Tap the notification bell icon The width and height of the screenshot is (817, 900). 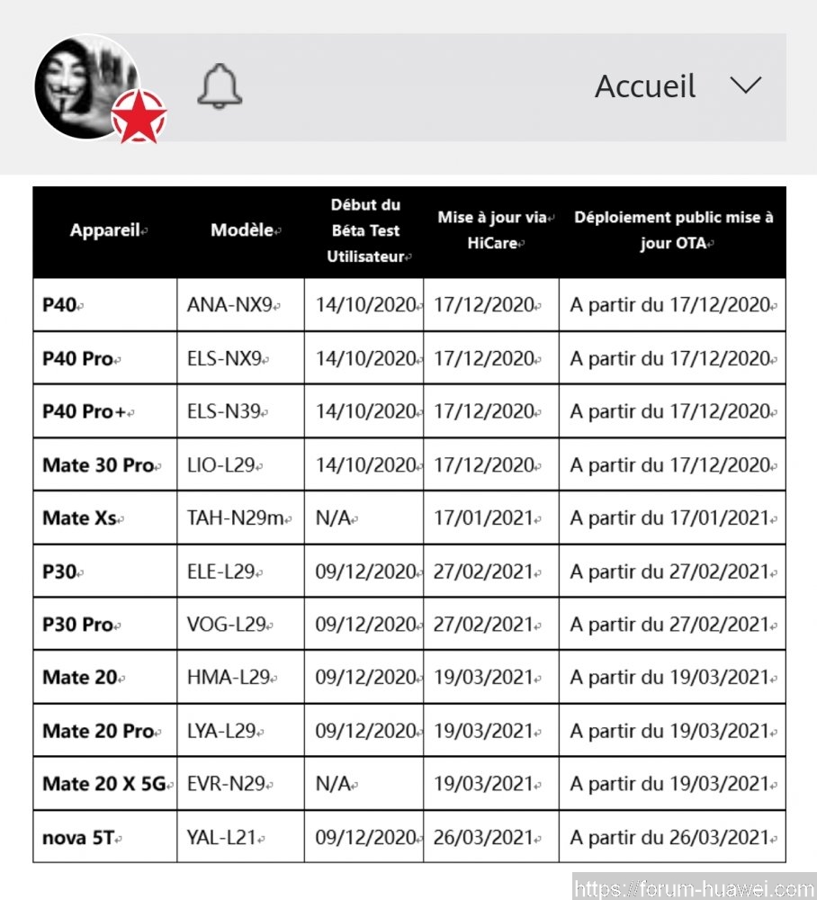(x=220, y=87)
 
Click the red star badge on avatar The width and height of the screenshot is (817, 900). (x=139, y=116)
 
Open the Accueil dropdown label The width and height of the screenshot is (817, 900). (x=645, y=86)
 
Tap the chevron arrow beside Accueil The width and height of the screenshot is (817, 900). (x=745, y=85)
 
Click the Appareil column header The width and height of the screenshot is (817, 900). (x=105, y=230)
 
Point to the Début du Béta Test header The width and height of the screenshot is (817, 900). (x=364, y=230)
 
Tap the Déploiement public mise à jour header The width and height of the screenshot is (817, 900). (x=673, y=230)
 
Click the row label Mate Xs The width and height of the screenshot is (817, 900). (x=79, y=518)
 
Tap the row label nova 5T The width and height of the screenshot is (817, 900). (x=78, y=838)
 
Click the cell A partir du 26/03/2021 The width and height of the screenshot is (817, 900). (x=670, y=838)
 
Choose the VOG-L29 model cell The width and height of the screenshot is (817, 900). (x=227, y=625)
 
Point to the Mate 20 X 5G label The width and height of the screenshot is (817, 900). (x=104, y=784)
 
